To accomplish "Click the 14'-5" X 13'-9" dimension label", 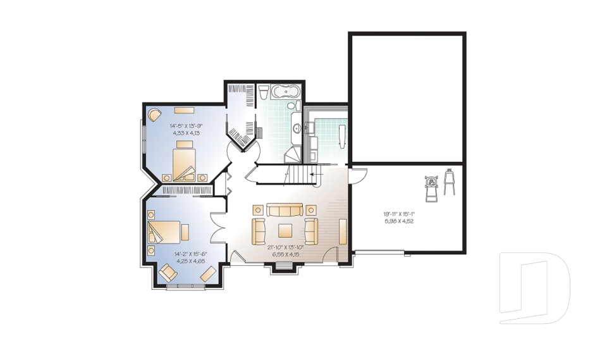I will (x=185, y=125).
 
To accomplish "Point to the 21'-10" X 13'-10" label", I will (x=286, y=247).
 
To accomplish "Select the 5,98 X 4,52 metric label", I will (x=398, y=221).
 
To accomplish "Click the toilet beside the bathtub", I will (x=263, y=94).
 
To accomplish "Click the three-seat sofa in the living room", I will (x=285, y=210).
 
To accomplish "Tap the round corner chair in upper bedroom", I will (x=155, y=115).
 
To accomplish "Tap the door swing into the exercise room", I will (x=358, y=176).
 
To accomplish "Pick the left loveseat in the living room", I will (x=259, y=231).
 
